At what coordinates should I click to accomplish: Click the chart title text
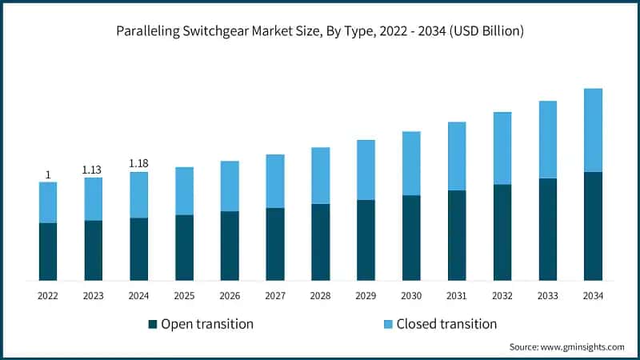click(320, 32)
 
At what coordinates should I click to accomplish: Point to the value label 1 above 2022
click(48, 174)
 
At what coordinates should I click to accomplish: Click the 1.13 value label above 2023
click(94, 170)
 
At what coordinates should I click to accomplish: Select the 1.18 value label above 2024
click(139, 164)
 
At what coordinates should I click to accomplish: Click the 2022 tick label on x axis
click(48, 296)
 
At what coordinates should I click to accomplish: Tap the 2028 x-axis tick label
click(321, 296)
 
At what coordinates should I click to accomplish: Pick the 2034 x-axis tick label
click(593, 296)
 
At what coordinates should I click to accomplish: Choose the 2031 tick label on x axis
click(457, 296)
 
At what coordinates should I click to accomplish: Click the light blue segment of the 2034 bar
click(593, 130)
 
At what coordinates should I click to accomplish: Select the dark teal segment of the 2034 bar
click(593, 226)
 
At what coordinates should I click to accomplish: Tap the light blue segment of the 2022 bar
click(48, 202)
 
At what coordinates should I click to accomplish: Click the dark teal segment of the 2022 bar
click(48, 251)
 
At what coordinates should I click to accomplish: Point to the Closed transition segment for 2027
click(275, 181)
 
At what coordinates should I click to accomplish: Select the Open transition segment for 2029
click(366, 240)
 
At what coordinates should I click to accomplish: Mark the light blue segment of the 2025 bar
click(184, 190)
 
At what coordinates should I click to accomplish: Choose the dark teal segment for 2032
click(502, 232)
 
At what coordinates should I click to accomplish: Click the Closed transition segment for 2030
click(411, 163)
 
